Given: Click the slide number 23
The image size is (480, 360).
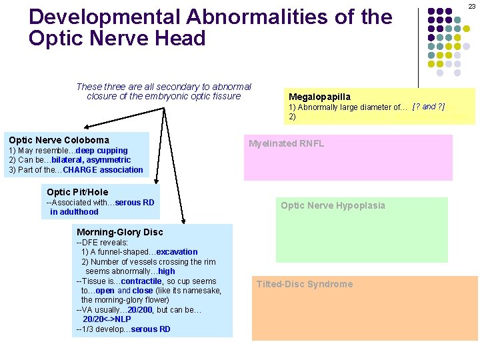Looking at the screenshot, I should tap(472, 6).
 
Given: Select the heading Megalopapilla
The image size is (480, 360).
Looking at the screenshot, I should tap(319, 97).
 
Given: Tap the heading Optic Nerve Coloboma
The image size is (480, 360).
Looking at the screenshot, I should tap(59, 140).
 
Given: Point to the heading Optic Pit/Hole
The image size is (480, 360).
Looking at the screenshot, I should tap(77, 192).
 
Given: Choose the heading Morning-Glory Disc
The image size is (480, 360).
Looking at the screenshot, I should tap(120, 232).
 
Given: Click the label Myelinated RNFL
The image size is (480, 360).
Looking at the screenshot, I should tap(286, 143).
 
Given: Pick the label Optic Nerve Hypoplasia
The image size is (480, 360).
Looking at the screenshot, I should tap(333, 205).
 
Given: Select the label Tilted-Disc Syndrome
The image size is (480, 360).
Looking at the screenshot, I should tap(305, 284).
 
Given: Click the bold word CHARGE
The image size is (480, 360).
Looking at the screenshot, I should tap(79, 170).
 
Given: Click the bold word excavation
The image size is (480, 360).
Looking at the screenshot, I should tap(177, 252).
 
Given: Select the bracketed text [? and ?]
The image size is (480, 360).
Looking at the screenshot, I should tap(429, 107).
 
